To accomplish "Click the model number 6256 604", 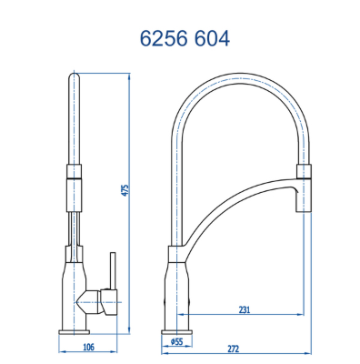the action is [x=185, y=39].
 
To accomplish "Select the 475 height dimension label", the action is [x=125, y=190].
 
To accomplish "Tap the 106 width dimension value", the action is [x=88, y=347].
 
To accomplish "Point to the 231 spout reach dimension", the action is [x=245, y=310].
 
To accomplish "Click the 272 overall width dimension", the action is [x=233, y=349].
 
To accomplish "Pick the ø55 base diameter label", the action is [x=177, y=341].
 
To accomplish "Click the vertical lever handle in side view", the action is [x=114, y=271].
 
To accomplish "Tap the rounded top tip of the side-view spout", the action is [x=75, y=75].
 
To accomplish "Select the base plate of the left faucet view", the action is [x=75, y=331].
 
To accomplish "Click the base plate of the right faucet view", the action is [x=177, y=331].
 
